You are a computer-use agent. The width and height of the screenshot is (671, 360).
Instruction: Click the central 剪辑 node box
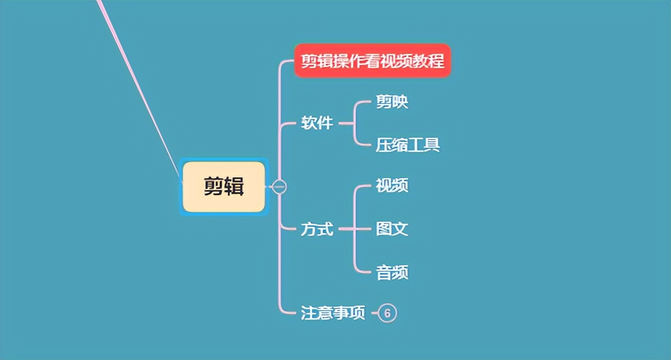pos(224,187)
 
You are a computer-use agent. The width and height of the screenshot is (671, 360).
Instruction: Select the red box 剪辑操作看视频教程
pos(373,61)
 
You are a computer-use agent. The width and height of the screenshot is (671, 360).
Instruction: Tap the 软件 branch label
pos(317,123)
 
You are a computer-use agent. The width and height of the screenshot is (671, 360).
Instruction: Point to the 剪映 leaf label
pos(392,102)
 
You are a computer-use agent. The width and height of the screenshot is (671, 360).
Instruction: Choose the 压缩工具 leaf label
pos(408,145)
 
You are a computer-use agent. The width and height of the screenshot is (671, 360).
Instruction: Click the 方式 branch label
pos(317,229)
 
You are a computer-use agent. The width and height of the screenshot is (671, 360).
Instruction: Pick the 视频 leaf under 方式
pos(392,185)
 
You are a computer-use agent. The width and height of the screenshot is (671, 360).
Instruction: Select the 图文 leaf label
pos(392,229)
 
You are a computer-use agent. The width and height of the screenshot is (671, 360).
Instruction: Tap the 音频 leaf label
pos(392,272)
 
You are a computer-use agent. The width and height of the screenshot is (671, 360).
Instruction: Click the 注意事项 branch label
pos(333,313)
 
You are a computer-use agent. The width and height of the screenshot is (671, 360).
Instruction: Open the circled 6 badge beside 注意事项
pos(388,313)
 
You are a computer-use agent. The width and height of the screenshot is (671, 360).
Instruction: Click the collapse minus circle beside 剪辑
pos(279,187)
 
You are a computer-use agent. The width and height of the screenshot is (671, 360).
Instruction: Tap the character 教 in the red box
pos(420,61)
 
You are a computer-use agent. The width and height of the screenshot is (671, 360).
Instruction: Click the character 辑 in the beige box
pos(234,186)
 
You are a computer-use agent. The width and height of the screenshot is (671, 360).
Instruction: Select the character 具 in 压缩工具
pos(432,145)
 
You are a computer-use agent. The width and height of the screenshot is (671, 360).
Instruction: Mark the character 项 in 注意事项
pos(357,313)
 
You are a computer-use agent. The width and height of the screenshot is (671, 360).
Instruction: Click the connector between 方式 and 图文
pos(355,229)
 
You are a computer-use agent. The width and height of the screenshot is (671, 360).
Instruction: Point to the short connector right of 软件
pos(346,123)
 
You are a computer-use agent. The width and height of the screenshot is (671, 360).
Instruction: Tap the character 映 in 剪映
pos(400,102)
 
